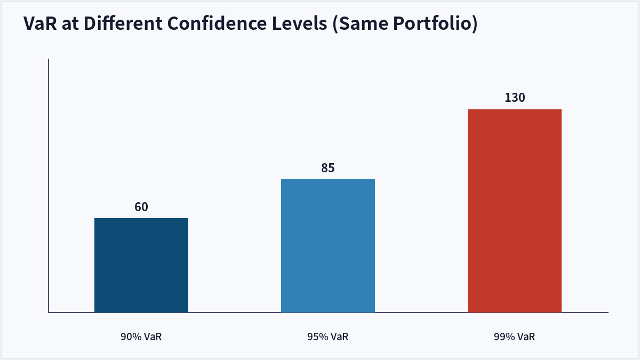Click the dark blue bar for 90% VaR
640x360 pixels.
click(x=141, y=265)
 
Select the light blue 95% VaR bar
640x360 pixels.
click(x=327, y=246)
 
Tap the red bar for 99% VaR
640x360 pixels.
click(x=514, y=211)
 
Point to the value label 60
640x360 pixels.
click(x=141, y=207)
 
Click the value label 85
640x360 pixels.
click(x=327, y=168)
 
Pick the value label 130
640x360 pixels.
click(x=515, y=98)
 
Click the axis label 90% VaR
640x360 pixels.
click(x=141, y=337)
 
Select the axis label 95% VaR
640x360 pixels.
click(x=327, y=337)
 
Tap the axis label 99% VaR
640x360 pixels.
click(x=514, y=337)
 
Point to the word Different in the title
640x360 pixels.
click(x=123, y=23)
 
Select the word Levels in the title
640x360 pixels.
click(x=299, y=23)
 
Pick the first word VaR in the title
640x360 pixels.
click(x=40, y=23)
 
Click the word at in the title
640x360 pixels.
click(x=70, y=24)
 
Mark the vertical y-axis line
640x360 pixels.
click(x=49, y=186)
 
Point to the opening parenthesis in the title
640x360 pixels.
click(x=335, y=23)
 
